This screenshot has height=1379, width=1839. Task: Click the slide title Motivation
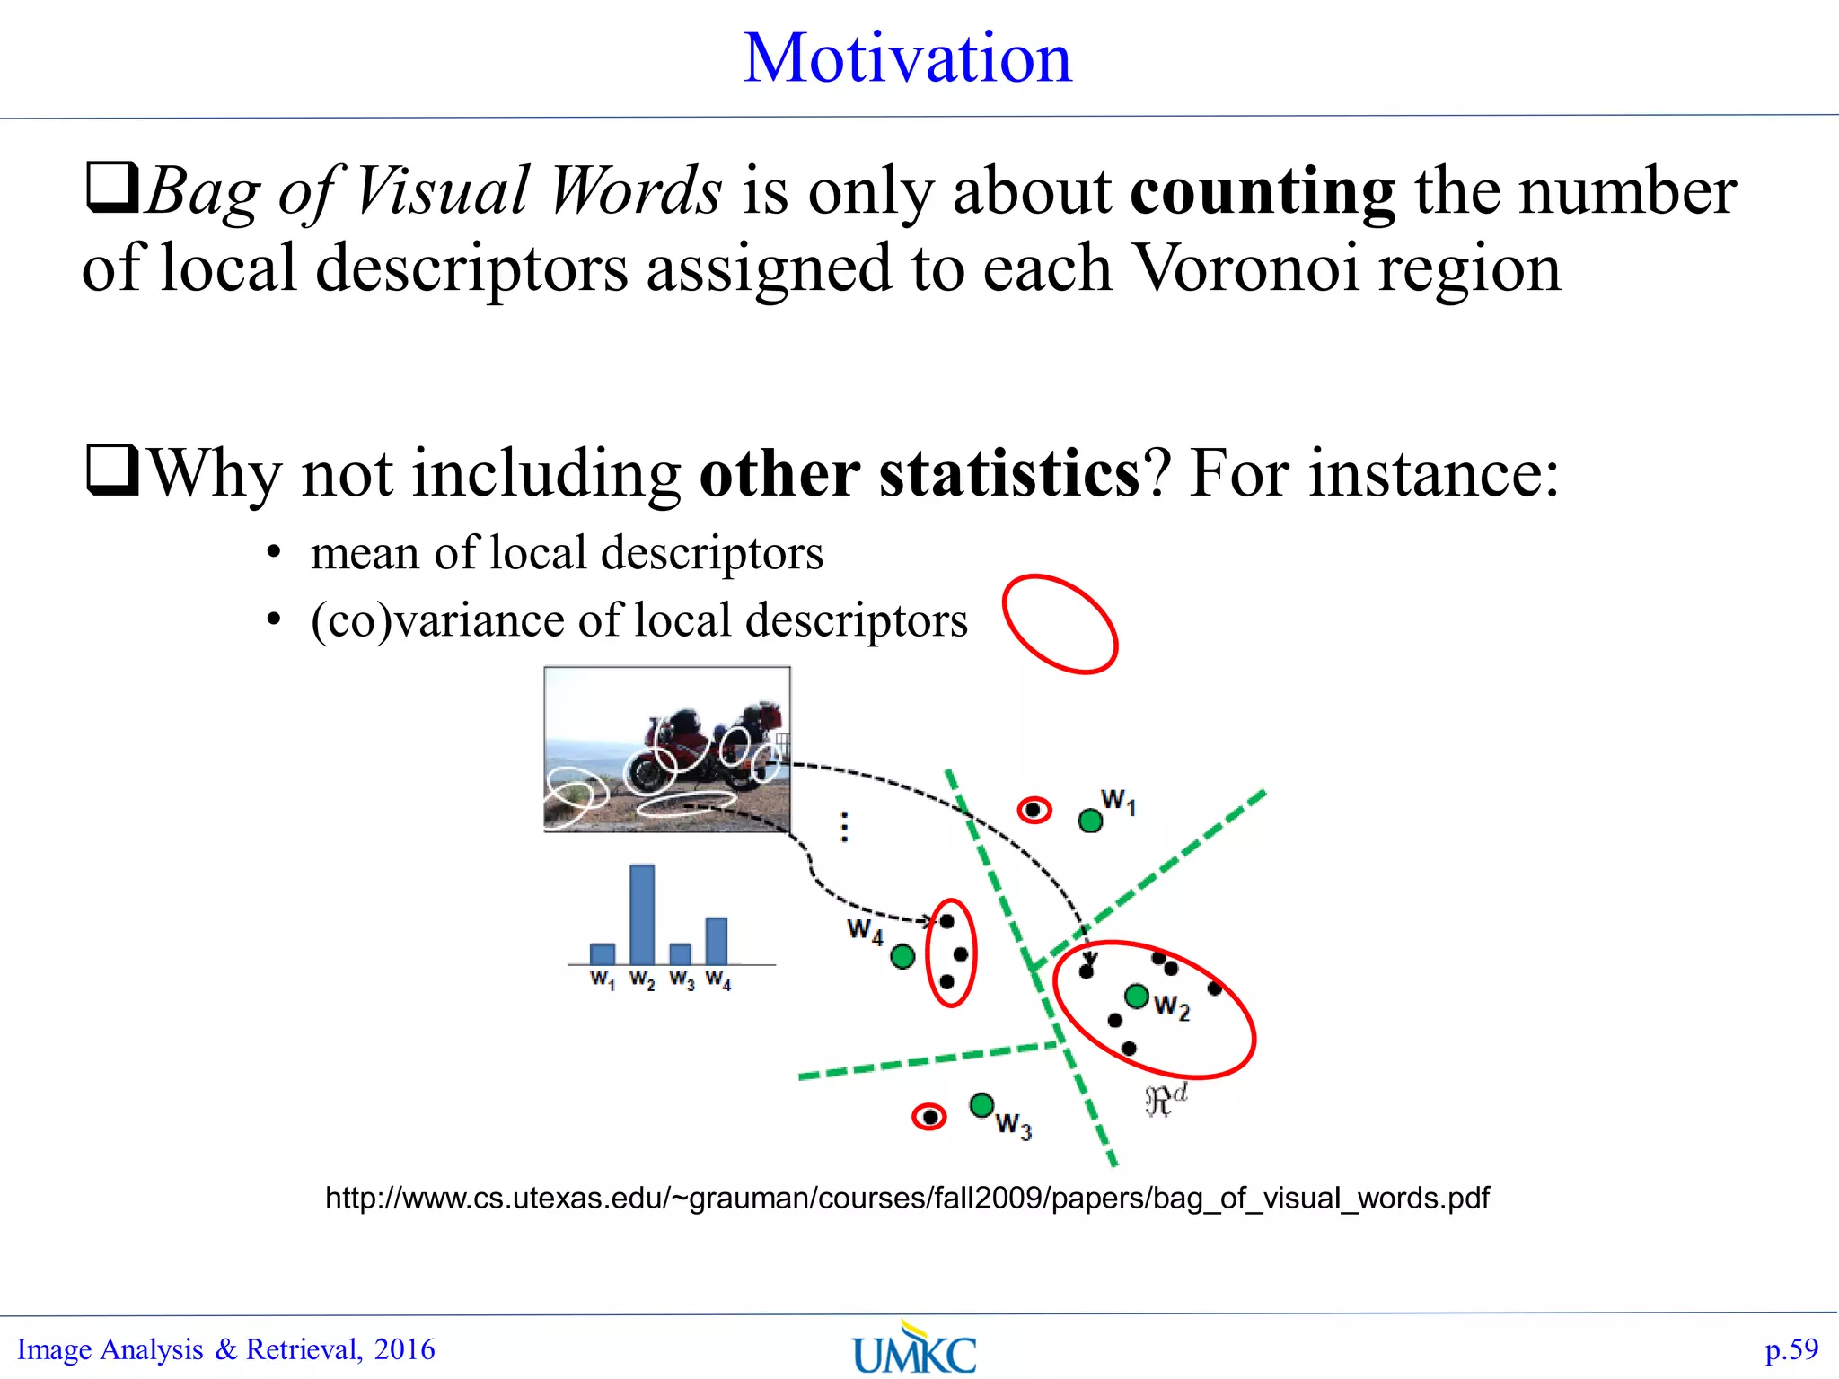pos(908,58)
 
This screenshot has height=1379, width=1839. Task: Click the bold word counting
pos(1262,191)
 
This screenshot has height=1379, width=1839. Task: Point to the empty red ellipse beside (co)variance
pos(1060,624)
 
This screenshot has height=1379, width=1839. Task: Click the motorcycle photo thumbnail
pos(667,749)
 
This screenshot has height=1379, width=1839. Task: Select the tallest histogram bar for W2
pos(642,914)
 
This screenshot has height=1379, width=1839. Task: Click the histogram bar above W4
pos(717,940)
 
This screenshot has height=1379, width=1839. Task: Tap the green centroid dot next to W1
pos(1090,820)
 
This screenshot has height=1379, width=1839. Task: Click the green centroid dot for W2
pos(1137,996)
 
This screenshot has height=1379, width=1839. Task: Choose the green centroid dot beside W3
pos(981,1104)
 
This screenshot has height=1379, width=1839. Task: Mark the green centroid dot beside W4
pos(902,957)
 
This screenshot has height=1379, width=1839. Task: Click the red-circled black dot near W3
pos(929,1117)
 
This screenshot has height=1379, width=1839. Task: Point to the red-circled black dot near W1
pos(1034,810)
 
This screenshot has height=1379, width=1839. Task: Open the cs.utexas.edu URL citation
pos(907,1198)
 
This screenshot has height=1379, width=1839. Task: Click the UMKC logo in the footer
pos(914,1349)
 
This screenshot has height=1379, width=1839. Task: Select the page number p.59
pos(1791,1349)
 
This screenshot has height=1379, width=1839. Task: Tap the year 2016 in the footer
pos(404,1349)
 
